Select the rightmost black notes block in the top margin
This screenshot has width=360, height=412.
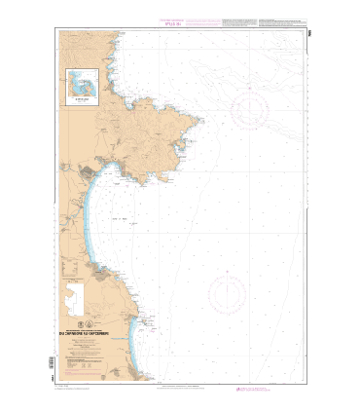pos(287,21)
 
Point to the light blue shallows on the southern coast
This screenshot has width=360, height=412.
pos(148,351)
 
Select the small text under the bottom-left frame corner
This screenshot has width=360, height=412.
pos(73,388)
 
